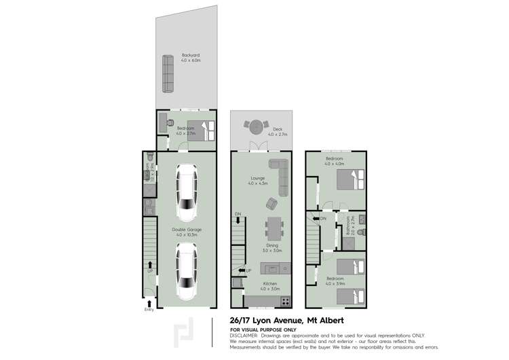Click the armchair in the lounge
point(271,203)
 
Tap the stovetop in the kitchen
point(285,300)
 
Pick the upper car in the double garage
point(187,190)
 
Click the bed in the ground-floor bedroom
point(202,127)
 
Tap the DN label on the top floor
point(323,219)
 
